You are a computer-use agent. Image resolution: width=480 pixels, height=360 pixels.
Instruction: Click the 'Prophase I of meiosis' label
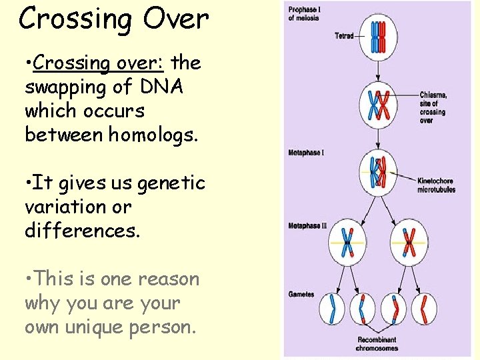tap(303, 14)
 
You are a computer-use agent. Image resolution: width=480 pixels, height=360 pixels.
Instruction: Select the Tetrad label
tap(344, 36)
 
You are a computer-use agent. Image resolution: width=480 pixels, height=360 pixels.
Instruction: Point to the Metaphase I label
tap(307, 153)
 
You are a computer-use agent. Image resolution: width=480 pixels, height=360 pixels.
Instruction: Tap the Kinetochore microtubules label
tap(436, 185)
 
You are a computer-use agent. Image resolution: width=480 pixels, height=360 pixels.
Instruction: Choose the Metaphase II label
tap(307, 226)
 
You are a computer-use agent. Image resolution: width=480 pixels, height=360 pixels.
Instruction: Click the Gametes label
tap(301, 294)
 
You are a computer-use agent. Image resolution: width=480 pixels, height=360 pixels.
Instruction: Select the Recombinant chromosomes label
tap(376, 343)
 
